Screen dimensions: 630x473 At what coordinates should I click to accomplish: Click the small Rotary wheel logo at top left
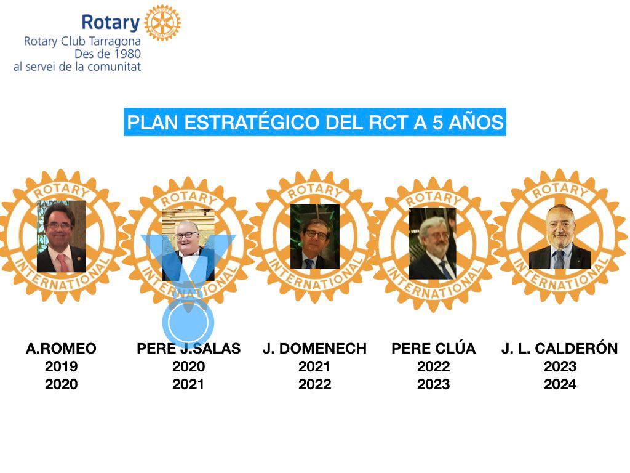[162, 23]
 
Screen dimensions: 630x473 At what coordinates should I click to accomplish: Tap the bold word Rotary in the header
[111, 23]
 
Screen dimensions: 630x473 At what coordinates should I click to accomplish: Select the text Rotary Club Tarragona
[82, 42]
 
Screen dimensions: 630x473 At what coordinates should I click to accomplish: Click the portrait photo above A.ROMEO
[61, 236]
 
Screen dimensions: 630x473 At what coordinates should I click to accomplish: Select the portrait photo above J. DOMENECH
[314, 236]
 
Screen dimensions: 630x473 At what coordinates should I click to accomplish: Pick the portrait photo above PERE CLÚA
[433, 244]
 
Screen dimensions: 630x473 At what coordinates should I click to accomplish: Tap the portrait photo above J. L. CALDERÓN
[560, 236]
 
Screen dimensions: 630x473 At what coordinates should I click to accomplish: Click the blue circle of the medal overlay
[188, 323]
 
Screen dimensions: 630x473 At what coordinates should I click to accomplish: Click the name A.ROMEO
[61, 349]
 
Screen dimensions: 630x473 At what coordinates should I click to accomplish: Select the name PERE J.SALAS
[188, 349]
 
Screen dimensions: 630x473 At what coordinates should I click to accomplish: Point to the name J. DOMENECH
[314, 349]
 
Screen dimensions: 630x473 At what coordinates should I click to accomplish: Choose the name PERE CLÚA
[434, 349]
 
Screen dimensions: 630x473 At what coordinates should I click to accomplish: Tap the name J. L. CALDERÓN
[559, 349]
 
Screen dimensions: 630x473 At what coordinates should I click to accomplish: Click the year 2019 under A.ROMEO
[61, 366]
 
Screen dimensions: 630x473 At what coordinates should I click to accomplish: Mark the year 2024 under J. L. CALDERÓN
[560, 384]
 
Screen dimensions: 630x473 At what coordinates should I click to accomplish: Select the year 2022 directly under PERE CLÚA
[434, 366]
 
